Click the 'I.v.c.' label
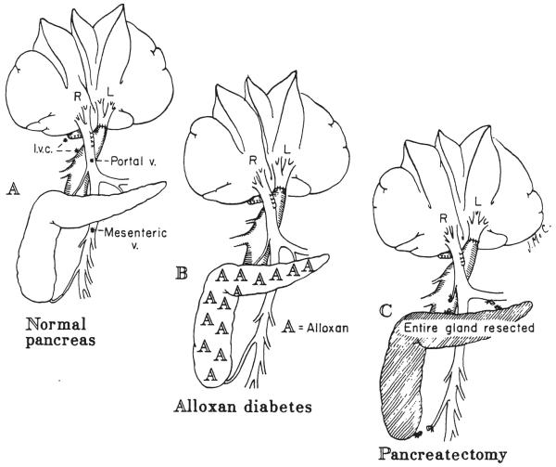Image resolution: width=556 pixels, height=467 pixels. pyautogui.click(x=41, y=147)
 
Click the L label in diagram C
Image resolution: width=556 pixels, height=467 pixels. pyautogui.click(x=476, y=221)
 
